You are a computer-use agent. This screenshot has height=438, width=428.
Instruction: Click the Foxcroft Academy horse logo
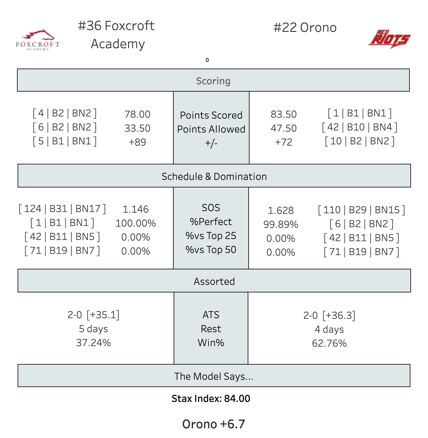tap(38, 40)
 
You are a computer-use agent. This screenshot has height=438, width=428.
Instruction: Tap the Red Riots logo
tap(389, 39)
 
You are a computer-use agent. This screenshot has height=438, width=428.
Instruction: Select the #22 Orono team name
tap(305, 28)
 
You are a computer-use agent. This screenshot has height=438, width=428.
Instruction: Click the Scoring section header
tap(213, 81)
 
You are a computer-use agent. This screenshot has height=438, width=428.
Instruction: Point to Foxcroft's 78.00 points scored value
tap(137, 114)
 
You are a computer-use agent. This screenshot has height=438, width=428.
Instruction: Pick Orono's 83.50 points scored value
tap(284, 114)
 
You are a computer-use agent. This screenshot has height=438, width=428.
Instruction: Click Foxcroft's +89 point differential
tap(137, 142)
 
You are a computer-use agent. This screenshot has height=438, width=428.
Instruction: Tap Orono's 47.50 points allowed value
tap(284, 128)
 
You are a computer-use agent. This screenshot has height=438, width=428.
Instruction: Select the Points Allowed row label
tap(211, 129)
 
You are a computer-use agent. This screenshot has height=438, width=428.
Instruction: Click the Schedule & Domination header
tap(214, 176)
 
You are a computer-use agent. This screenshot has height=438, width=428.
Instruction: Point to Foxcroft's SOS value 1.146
tap(135, 209)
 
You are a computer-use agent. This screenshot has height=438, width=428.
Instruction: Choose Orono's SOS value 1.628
tap(280, 211)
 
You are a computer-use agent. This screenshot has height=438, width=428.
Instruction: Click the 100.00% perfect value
tap(135, 223)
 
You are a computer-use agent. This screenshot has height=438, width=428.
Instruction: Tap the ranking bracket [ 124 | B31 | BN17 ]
tap(62, 209)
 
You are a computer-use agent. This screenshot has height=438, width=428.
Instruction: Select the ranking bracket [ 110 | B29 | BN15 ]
tap(361, 210)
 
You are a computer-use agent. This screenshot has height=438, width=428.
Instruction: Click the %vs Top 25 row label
tap(211, 236)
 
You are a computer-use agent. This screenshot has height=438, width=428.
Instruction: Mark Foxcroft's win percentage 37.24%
tap(93, 343)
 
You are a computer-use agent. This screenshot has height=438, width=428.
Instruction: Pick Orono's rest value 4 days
tap(329, 329)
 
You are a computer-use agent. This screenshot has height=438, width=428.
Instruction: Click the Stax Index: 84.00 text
tap(211, 399)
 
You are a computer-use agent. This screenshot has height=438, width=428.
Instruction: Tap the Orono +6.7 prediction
tap(213, 424)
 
